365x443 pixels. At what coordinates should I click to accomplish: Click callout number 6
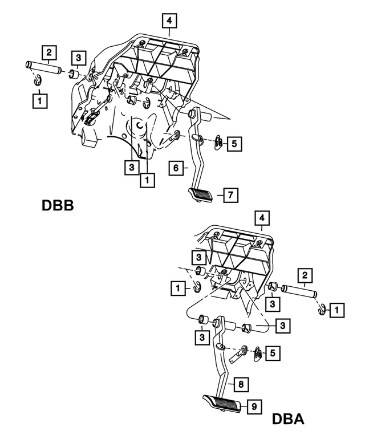point(177,168)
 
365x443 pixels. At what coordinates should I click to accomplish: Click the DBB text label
point(58,205)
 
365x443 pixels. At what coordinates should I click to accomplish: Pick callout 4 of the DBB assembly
point(169,22)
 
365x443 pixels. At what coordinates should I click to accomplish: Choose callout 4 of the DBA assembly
point(262,218)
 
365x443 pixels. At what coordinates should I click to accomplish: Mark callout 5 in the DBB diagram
point(234,144)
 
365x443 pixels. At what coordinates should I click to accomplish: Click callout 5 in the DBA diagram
point(273,353)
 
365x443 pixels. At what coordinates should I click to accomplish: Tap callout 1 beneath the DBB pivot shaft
point(39,101)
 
